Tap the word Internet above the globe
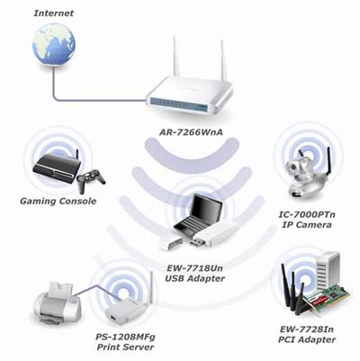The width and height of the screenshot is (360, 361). tap(54, 14)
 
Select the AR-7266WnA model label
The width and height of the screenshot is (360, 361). tap(191, 132)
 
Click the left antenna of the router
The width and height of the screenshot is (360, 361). tap(174, 57)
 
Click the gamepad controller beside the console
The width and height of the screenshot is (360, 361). tap(91, 180)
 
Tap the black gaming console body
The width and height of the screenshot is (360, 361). tap(57, 168)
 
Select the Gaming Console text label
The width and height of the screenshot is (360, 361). tap(58, 201)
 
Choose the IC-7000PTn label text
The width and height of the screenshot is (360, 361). tap(307, 215)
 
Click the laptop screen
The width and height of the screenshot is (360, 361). tap(206, 209)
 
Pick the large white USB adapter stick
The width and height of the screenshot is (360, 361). tap(215, 236)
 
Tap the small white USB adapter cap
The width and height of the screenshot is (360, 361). tap(170, 243)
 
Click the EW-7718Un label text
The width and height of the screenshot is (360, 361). tap(195, 267)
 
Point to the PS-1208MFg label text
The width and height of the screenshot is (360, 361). tap(125, 337)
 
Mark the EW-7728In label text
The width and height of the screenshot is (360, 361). tap(307, 329)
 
